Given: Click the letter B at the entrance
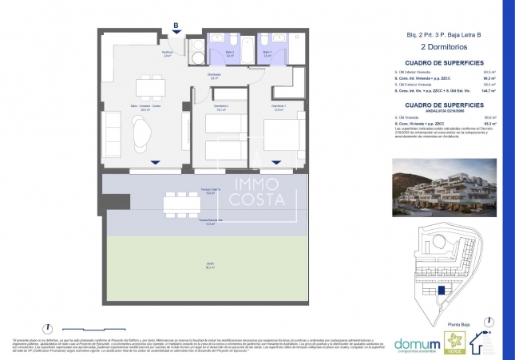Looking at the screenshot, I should tap(176, 26).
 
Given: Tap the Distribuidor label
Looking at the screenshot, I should tap(214, 77).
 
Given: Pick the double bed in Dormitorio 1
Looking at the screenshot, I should tap(285, 140).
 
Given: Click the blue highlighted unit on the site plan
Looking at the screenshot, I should tap(438, 292).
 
